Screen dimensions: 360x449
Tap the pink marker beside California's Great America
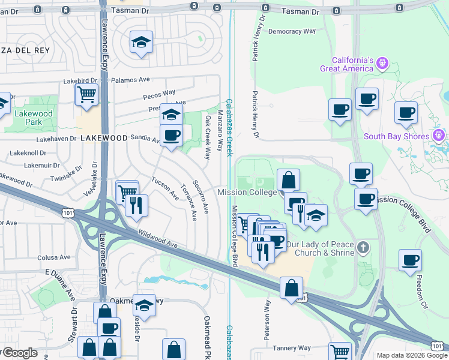tap(382, 63)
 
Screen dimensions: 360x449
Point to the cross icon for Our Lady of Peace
tap(363, 247)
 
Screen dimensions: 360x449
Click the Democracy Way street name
tap(292, 31)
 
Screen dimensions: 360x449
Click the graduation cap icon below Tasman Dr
tap(141, 41)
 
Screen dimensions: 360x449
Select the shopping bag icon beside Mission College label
tap(288, 179)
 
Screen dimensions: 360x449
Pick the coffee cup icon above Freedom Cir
tap(411, 260)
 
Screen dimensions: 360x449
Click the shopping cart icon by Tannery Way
tap(340, 351)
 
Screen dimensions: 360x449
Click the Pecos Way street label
tap(159, 94)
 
